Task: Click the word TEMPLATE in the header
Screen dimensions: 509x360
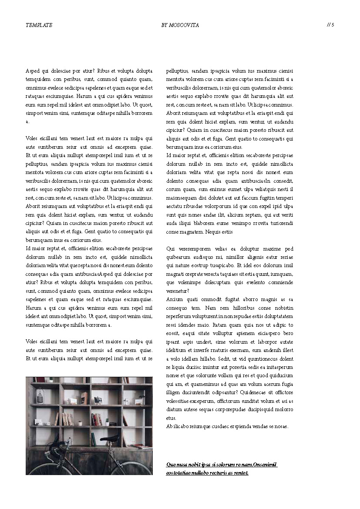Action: [x=39, y=25]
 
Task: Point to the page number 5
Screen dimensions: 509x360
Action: [x=333, y=25]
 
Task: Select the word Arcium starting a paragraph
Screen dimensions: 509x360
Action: [x=174, y=299]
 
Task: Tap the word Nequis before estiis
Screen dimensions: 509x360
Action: [x=213, y=232]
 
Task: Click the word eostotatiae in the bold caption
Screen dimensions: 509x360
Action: [x=180, y=473]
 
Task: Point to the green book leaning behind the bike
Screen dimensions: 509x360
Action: [x=93, y=439]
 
